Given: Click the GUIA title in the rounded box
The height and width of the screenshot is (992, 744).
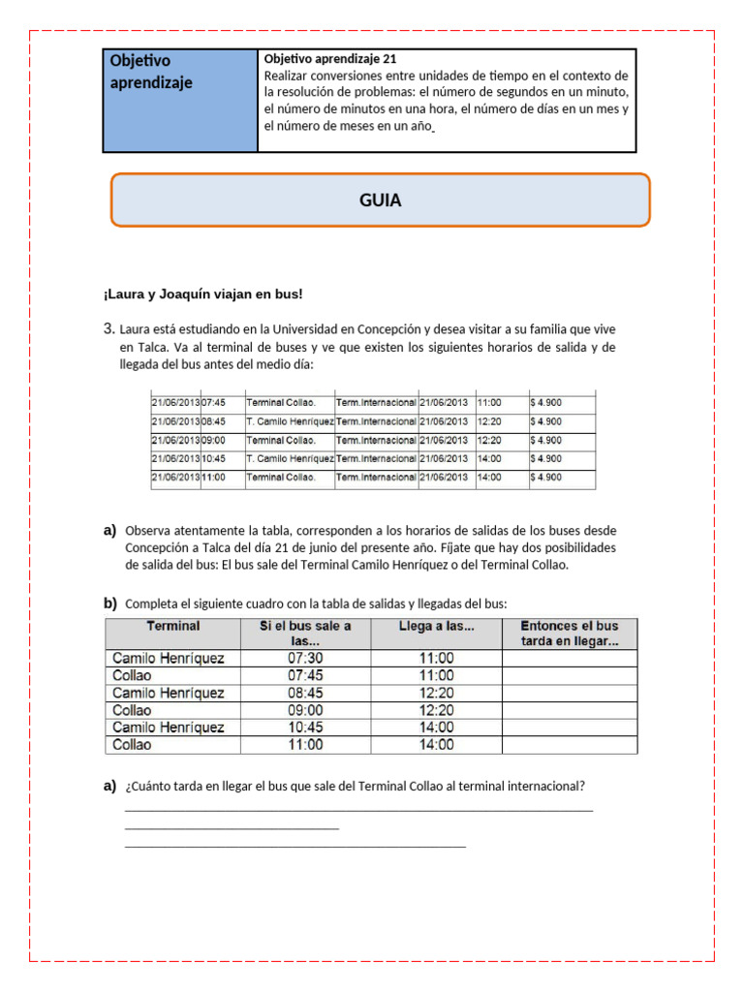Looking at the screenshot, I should (380, 201).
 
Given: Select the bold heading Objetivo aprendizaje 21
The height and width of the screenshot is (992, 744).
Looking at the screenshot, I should (329, 59).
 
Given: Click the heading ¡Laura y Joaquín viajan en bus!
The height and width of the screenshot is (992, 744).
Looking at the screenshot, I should (202, 294).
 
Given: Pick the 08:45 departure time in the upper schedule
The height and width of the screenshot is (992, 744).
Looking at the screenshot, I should (213, 421).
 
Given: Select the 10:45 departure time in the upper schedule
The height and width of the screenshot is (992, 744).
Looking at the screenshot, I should (213, 458).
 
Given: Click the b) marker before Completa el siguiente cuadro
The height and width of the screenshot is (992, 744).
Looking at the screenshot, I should (109, 603).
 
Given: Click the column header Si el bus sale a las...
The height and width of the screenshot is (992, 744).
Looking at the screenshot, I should (305, 634).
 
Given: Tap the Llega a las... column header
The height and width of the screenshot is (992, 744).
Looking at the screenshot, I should (436, 626).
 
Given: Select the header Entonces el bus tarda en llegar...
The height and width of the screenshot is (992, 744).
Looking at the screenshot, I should (570, 634).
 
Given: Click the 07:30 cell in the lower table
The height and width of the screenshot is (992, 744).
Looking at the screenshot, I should (305, 658).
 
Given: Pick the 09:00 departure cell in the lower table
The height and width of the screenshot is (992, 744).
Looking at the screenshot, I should (305, 710).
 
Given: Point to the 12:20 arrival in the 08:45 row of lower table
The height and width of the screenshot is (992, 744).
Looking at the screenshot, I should (436, 693).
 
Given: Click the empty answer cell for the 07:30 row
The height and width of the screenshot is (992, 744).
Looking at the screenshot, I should (570, 658).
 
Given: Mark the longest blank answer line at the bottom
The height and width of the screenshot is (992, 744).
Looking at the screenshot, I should (358, 810).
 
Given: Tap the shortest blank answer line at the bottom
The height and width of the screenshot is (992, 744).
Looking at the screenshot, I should (232, 828).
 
